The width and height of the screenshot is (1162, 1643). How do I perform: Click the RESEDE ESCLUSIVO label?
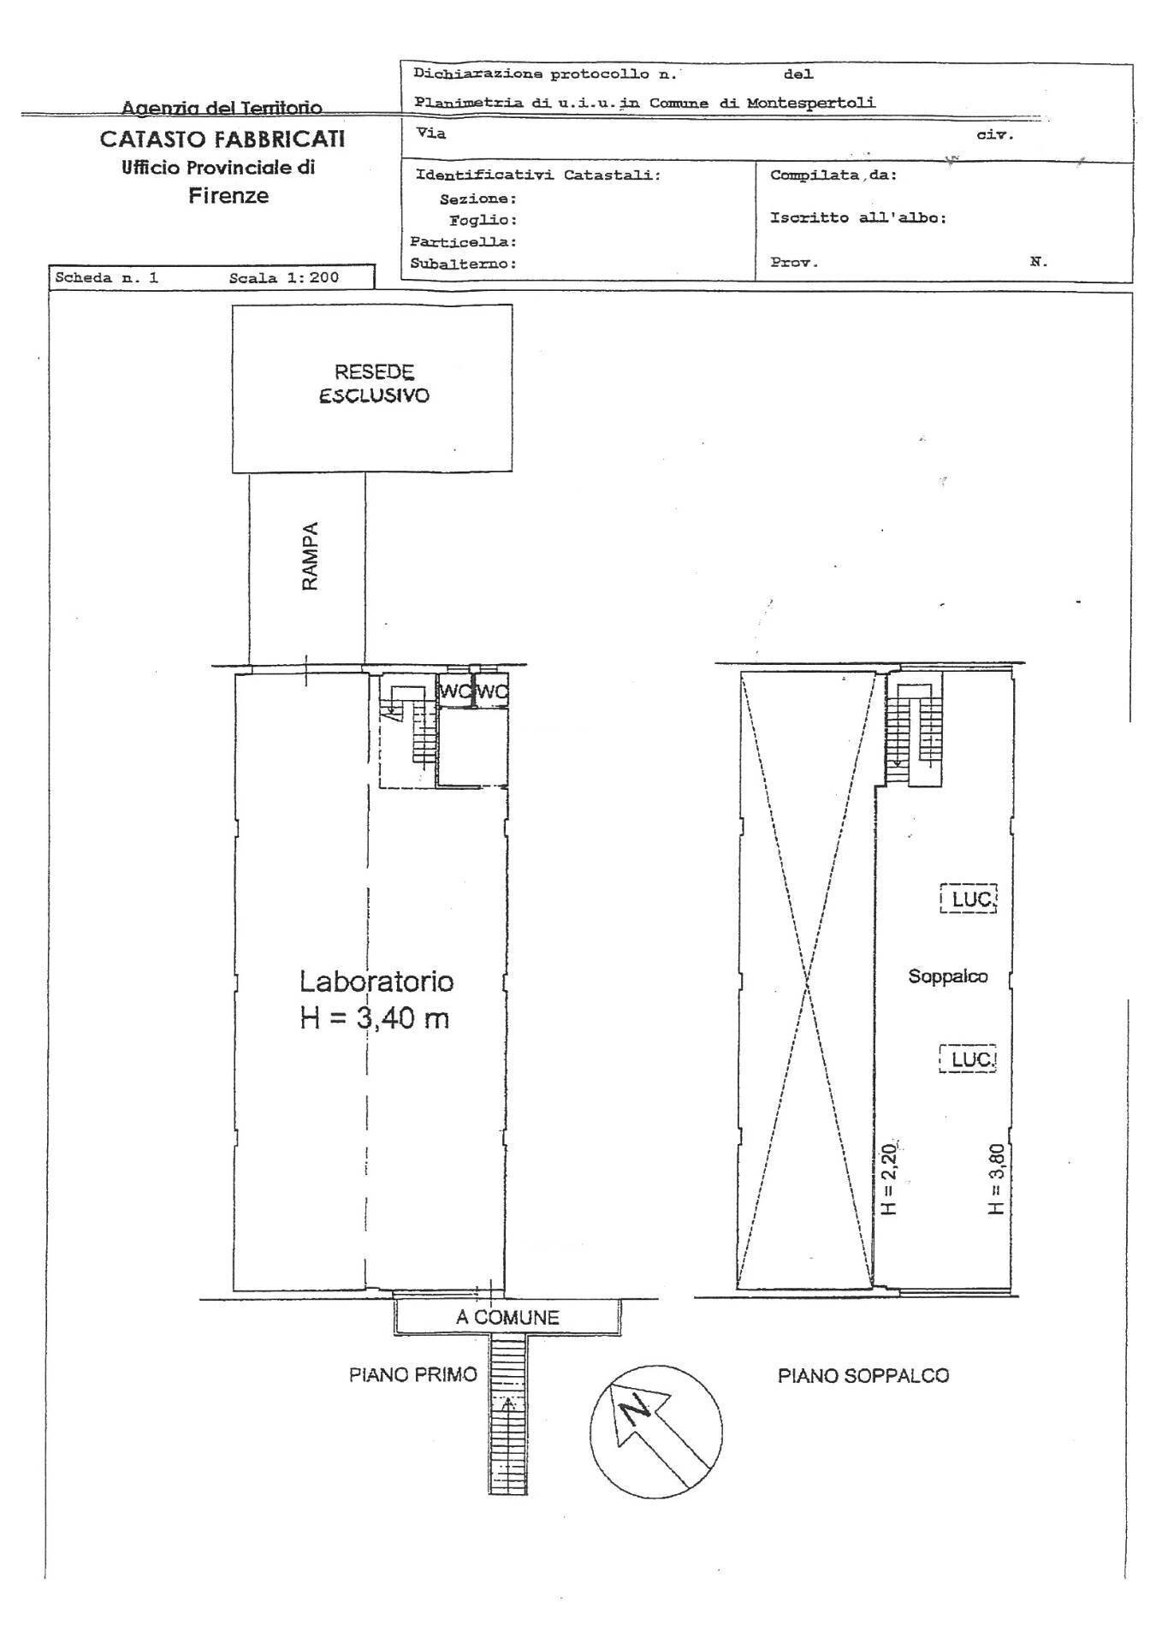click(x=373, y=384)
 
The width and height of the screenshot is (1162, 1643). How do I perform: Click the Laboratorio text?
click(x=376, y=981)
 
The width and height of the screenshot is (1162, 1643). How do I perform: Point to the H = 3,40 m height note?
click(x=374, y=1018)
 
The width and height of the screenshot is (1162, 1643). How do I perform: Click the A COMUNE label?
click(x=507, y=1317)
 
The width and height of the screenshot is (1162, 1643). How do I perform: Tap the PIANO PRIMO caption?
click(x=412, y=1374)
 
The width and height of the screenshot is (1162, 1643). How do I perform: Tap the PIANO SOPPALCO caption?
click(x=863, y=1375)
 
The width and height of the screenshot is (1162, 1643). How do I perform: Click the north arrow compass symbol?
click(x=656, y=1431)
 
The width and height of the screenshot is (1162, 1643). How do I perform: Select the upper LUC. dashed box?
click(x=969, y=899)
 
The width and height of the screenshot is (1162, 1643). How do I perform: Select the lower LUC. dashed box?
click(x=969, y=1059)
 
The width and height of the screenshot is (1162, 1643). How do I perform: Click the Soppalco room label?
click(x=947, y=976)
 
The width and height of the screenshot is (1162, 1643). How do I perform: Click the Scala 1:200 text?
click(x=283, y=278)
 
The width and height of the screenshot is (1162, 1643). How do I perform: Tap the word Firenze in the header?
click(x=228, y=196)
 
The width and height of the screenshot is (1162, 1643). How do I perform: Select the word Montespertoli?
click(x=810, y=103)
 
